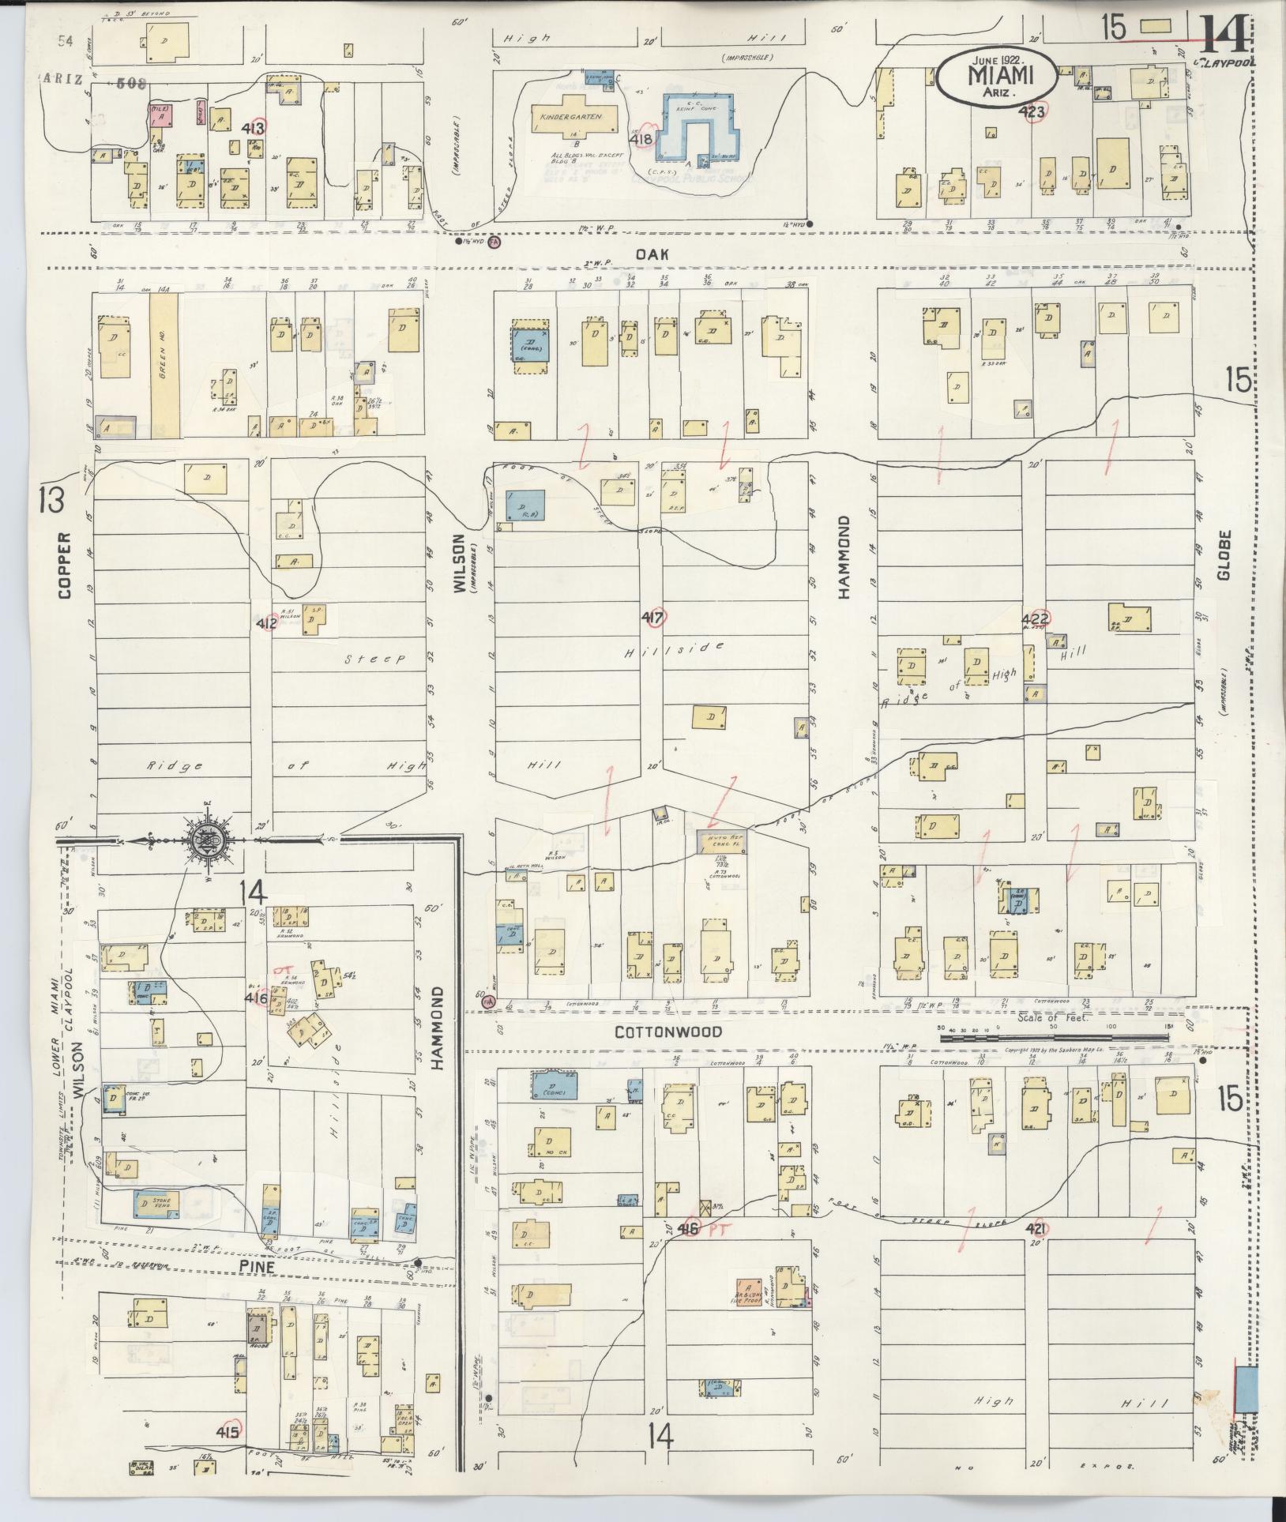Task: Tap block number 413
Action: pos(254,128)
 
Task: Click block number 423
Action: pos(1032,112)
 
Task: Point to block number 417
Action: pos(654,618)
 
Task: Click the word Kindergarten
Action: pos(571,116)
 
